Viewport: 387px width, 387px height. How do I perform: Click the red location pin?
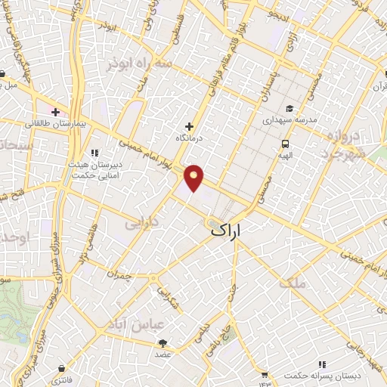click(x=194, y=177)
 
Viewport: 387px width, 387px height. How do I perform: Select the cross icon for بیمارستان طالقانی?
click(x=55, y=112)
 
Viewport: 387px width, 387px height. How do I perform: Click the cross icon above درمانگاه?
click(x=189, y=126)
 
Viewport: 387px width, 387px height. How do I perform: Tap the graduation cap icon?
click(x=290, y=108)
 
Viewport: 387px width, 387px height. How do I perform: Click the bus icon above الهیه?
click(x=285, y=144)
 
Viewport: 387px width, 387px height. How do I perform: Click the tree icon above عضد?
click(x=164, y=342)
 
